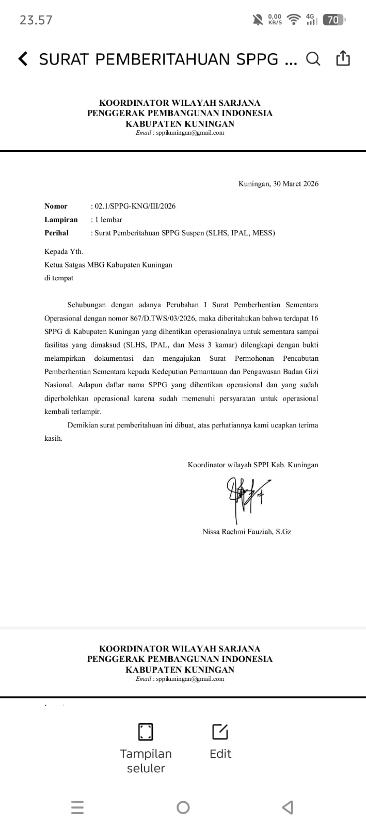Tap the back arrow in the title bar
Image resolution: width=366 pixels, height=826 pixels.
23,59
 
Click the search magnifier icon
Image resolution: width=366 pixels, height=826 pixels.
313,59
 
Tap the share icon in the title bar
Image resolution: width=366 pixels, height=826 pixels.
343,59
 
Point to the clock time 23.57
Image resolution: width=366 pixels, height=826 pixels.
36,20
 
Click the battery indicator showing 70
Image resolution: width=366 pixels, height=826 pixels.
333,20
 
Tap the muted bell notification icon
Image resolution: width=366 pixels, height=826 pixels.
258,20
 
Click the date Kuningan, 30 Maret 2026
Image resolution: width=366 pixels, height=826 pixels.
278,184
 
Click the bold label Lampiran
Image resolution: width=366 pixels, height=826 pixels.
61,219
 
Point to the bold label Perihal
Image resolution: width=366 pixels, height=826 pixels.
56,233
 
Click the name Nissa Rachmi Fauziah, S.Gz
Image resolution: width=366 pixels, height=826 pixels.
247,531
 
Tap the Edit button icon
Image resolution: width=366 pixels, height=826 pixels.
220,732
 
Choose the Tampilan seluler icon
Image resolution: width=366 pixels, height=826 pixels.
146,732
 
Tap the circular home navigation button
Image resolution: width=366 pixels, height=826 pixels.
183,807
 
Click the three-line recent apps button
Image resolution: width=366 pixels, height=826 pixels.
77,807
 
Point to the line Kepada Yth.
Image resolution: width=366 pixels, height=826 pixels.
64,251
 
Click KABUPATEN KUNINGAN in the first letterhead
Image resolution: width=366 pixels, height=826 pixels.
180,124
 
